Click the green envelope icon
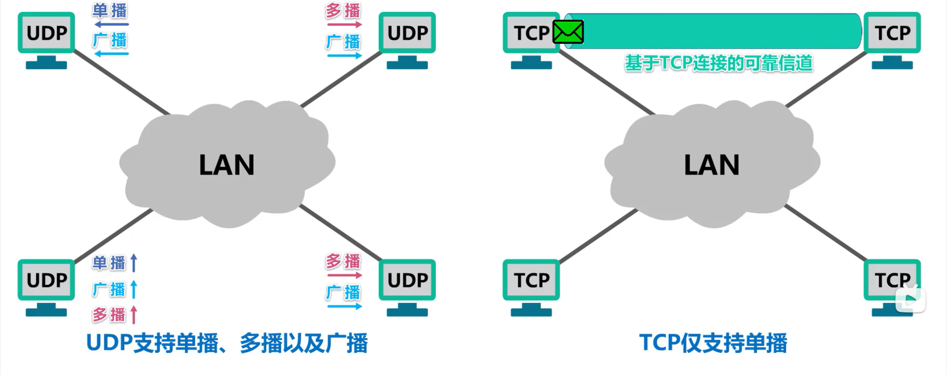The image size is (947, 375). [568, 32]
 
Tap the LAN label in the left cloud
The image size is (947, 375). [226, 165]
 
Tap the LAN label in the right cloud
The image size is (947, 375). [711, 165]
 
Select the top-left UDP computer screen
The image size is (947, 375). [46, 33]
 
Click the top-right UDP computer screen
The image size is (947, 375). [407, 33]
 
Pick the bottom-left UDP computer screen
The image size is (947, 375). [46, 280]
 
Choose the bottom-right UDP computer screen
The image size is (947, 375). [407, 280]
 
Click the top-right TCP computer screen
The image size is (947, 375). [892, 33]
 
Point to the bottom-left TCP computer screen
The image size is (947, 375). [531, 280]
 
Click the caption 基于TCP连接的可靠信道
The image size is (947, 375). [719, 64]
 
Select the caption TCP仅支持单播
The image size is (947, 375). [713, 343]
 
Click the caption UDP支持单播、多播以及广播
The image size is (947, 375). [227, 343]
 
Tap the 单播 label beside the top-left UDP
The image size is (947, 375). [109, 11]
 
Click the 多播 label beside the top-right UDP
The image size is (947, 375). [343, 11]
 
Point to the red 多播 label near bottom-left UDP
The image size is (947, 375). [109, 315]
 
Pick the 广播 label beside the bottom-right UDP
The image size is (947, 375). [343, 293]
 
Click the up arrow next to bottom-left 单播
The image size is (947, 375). [134, 263]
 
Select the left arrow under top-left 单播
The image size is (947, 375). [111, 24]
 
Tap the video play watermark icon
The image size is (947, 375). [911, 298]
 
